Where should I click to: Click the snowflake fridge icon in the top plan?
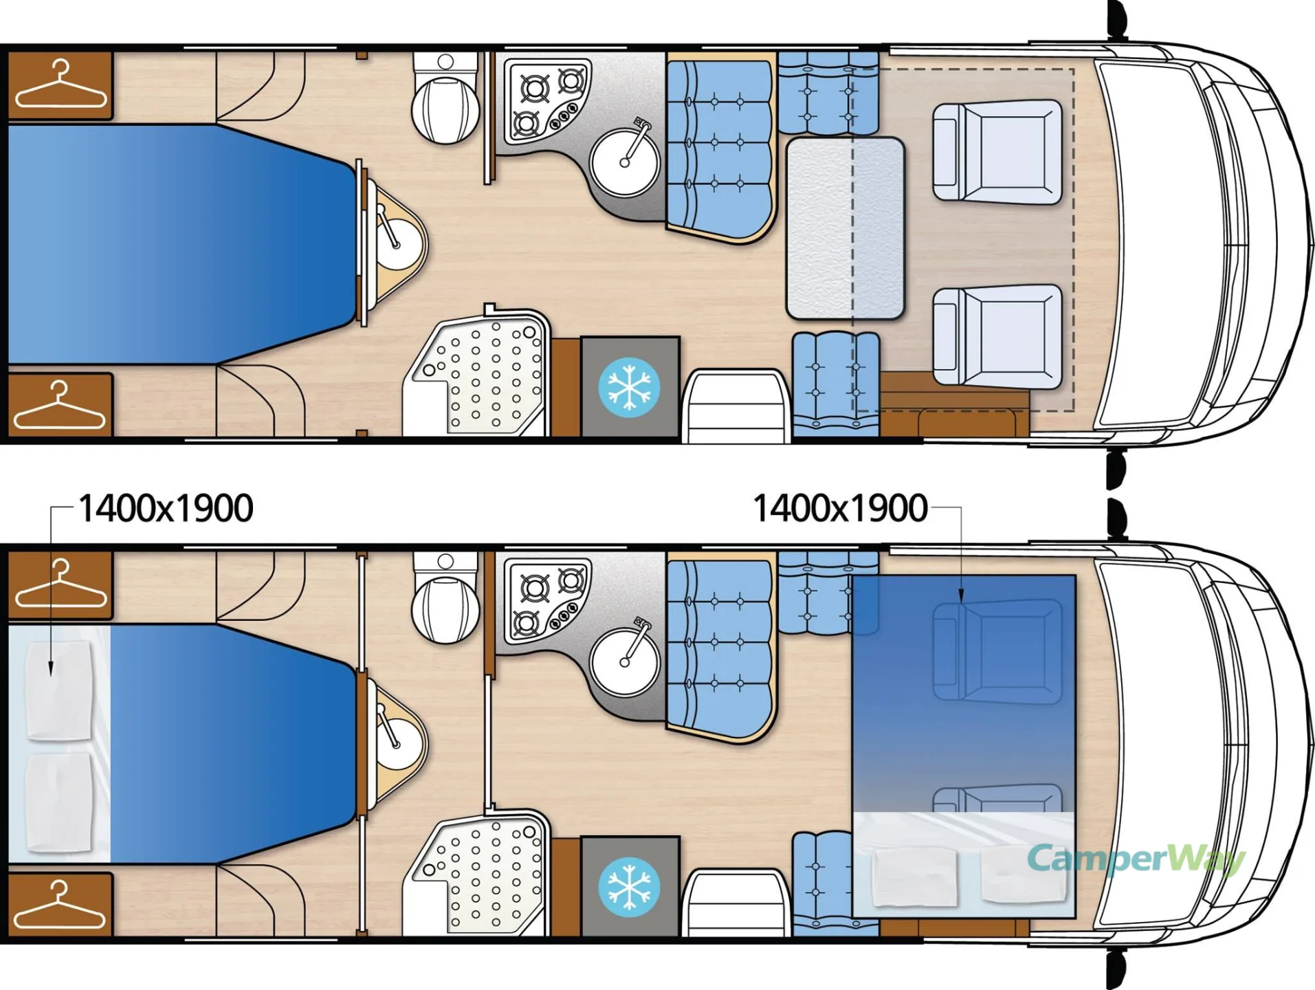[x=629, y=388]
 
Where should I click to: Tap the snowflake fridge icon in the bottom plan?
[x=629, y=887]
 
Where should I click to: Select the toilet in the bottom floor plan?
[x=445, y=598]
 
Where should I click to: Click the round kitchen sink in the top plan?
[x=625, y=162]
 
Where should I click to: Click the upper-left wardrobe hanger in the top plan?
[x=60, y=85]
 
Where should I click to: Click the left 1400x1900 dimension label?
[x=166, y=509]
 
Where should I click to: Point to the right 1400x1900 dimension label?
[x=840, y=509]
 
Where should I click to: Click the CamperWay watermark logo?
[x=1136, y=859]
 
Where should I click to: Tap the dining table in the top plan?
[x=845, y=228]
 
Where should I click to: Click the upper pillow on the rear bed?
[x=59, y=690]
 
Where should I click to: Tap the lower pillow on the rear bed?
[x=59, y=802]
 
